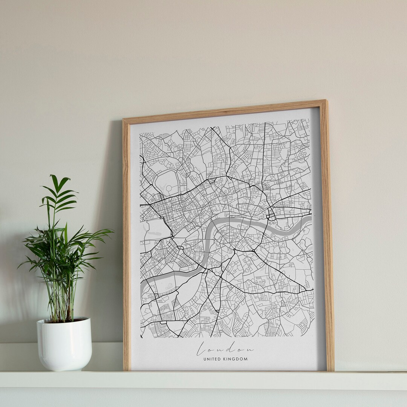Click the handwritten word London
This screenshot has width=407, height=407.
click(225, 349)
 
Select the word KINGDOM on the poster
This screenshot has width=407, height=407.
click(236, 359)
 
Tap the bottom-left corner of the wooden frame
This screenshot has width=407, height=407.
click(124, 370)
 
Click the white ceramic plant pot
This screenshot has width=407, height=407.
click(64, 344)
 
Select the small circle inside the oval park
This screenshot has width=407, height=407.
click(169, 188)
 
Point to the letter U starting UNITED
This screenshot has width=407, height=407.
click(205, 359)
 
